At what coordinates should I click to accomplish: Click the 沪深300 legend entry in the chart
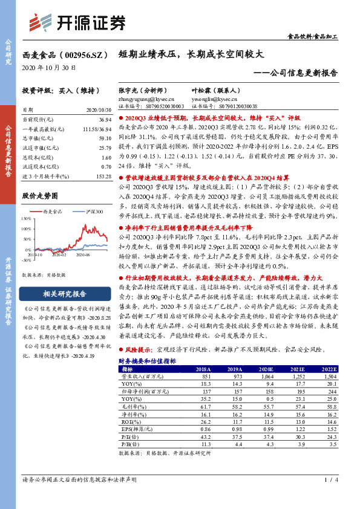pos(91,212)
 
